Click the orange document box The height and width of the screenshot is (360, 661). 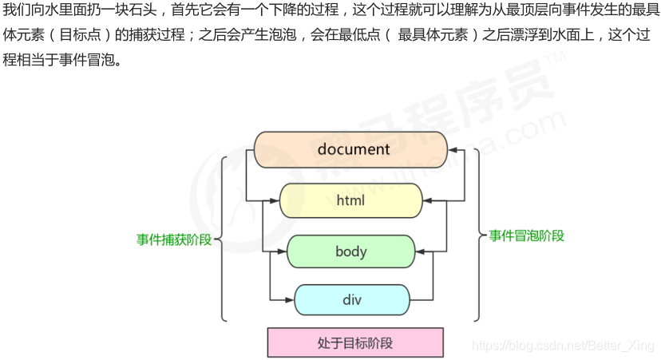point(351,149)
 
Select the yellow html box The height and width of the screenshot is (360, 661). point(351,200)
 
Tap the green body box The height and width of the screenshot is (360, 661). point(351,251)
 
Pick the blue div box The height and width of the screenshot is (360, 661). point(352,300)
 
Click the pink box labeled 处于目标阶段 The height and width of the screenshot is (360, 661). point(354,343)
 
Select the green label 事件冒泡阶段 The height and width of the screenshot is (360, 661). point(527,235)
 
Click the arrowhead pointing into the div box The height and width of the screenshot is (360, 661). point(290,300)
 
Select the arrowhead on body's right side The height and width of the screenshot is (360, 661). point(421,251)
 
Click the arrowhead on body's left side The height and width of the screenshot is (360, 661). point(282,251)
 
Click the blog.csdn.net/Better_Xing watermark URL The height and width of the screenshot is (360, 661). point(563,345)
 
